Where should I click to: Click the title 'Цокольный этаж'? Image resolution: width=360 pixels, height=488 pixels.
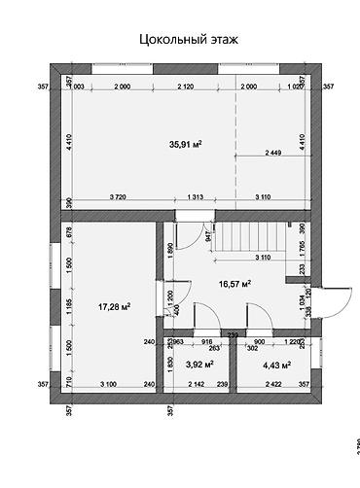click(189, 40)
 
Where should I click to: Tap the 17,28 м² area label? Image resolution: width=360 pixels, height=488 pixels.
click(115, 307)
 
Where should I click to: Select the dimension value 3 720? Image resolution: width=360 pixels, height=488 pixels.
click(120, 197)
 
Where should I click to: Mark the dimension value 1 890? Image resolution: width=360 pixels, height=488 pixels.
click(170, 249)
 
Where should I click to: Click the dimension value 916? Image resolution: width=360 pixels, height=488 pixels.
click(206, 342)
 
